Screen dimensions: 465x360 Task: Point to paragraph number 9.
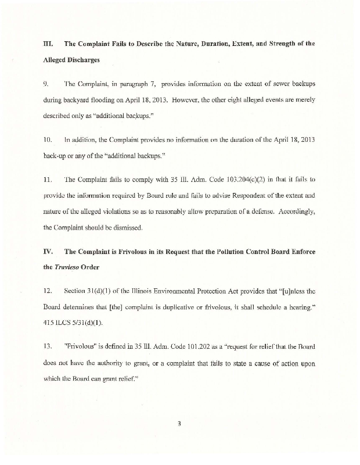point(46,84)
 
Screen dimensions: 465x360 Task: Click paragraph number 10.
point(48,139)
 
